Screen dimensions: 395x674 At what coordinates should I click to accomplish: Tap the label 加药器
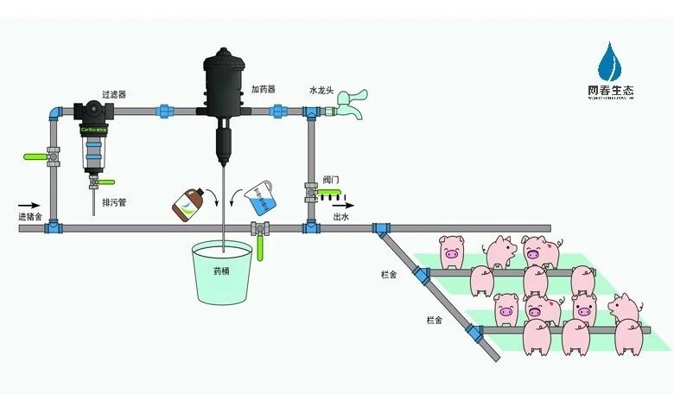(263, 89)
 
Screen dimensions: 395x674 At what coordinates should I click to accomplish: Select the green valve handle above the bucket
(259, 249)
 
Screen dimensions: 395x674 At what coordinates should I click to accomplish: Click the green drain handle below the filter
(105, 182)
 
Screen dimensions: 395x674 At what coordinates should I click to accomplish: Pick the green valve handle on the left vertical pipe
(35, 157)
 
